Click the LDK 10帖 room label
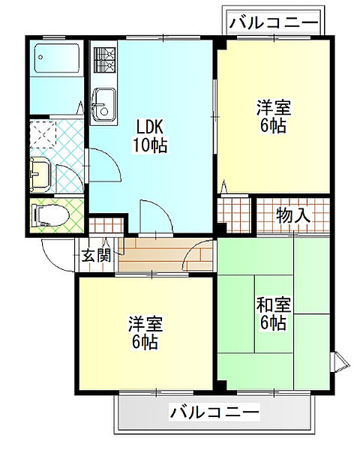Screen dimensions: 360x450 pyautogui.click(x=149, y=136)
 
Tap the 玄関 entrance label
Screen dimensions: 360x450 pyautogui.click(x=96, y=256)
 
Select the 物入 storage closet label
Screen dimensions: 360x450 pyautogui.click(x=293, y=215)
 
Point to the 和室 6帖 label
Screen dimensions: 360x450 pyautogui.click(x=273, y=313)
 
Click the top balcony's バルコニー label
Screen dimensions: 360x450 pyautogui.click(x=274, y=22)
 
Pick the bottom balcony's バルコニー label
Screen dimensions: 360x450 pyautogui.click(x=214, y=412)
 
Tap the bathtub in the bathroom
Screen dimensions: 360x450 pyautogui.click(x=57, y=58)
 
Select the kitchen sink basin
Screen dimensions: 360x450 pyautogui.click(x=104, y=104)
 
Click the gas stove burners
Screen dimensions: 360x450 pyautogui.click(x=104, y=60)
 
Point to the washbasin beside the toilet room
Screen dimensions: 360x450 pyautogui.click(x=40, y=174)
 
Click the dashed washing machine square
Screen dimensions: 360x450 pyautogui.click(x=43, y=134)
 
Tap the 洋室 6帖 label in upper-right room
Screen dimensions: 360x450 pyautogui.click(x=274, y=116)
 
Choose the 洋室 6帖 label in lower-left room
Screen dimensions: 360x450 pyautogui.click(x=145, y=332)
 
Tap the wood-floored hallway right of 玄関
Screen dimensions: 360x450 pyautogui.click(x=165, y=255)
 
